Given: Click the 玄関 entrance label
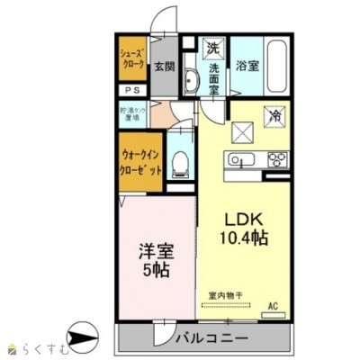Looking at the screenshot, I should pos(163,66).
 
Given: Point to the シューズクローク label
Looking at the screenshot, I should pos(132,58).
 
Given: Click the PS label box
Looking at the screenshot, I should pos(130,91).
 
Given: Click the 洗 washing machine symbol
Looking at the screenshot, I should pos(213,46).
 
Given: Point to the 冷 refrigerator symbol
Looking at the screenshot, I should pos(275,115).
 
